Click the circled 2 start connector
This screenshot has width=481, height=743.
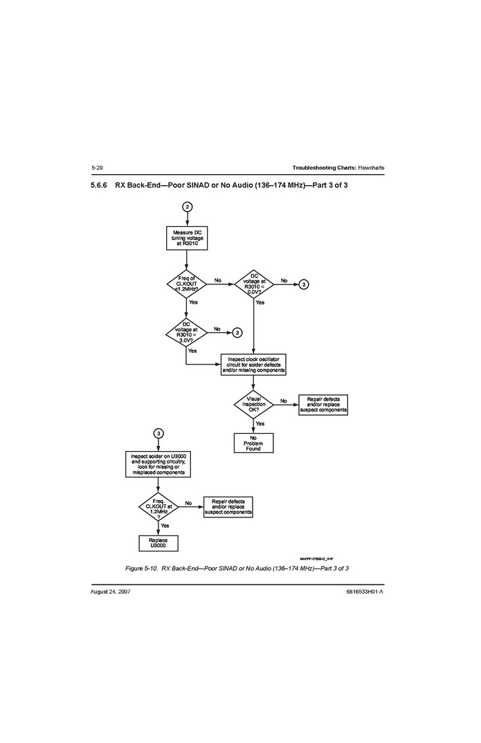coord(187,207)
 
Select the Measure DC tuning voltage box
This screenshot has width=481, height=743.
coord(187,238)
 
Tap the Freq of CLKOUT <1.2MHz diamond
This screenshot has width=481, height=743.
coord(187,284)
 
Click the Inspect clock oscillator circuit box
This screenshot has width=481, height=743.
coord(253,365)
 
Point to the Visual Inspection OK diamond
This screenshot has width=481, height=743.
coord(253,404)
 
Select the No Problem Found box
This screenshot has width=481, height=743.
coord(253,443)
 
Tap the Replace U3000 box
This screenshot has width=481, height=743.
coord(158,543)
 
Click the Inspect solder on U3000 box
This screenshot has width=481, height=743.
coord(158,464)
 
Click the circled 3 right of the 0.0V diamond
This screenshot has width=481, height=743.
coord(303,284)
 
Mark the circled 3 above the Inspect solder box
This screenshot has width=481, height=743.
coord(158,433)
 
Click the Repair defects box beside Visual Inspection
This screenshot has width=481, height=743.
coord(323,405)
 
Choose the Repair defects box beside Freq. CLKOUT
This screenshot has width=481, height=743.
coord(228,507)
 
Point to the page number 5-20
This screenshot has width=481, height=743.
coord(97,168)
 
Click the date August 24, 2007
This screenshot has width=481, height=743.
coord(111,592)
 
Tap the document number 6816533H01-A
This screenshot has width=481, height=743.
coord(365,592)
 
